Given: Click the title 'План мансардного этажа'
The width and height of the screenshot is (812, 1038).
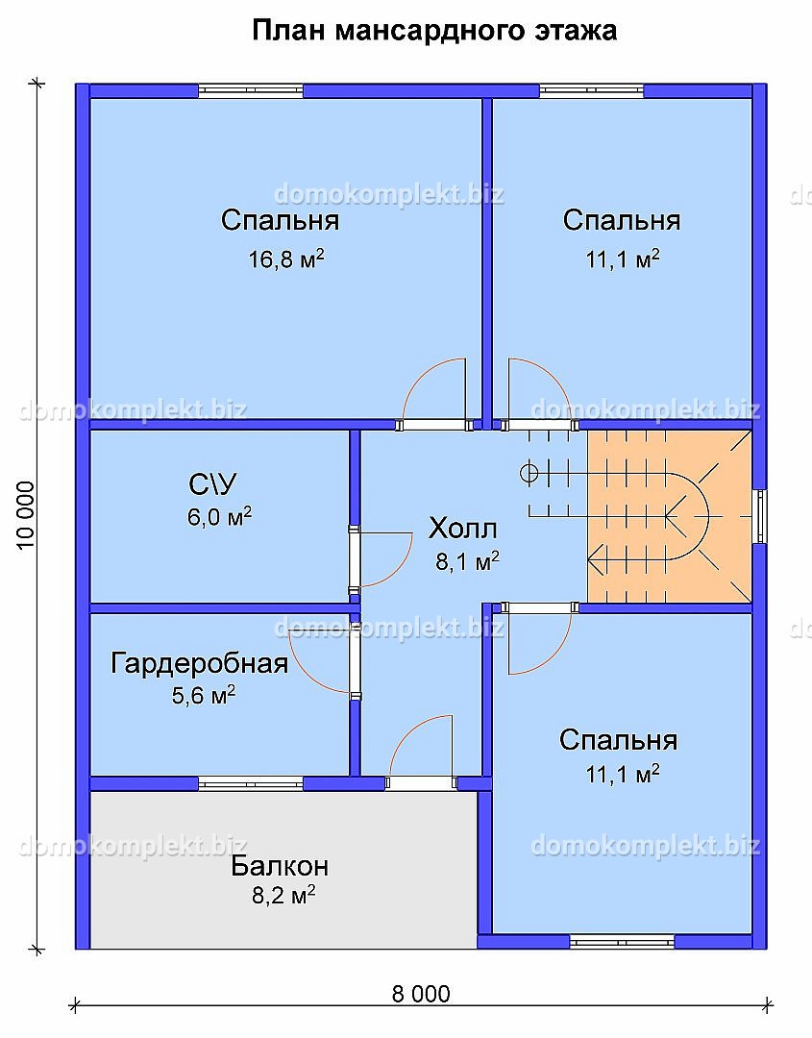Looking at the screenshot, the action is [434, 31].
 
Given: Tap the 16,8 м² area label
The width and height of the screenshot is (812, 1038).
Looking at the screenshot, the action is [286, 259].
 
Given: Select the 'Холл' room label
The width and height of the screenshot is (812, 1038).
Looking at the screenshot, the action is [462, 529].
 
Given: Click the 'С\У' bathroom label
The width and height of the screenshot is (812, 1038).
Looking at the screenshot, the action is [212, 484].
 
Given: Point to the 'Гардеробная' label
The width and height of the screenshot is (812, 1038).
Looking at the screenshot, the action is [199, 663].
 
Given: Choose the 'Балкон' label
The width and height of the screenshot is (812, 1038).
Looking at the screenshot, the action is [280, 866].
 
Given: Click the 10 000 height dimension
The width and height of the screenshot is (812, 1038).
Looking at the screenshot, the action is [25, 515].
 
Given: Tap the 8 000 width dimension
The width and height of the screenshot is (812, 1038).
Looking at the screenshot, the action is [421, 994].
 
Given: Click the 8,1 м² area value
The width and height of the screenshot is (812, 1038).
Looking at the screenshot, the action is [467, 561].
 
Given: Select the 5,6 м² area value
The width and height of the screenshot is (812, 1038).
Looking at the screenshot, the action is [204, 695].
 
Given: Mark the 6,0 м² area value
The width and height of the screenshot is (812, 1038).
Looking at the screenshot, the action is [220, 516].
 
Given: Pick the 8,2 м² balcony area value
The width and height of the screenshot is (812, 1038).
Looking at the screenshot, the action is [283, 895].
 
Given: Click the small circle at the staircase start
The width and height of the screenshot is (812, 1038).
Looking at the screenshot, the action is [529, 473].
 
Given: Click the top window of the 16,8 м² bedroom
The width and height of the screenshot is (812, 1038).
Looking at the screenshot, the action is [251, 90].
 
